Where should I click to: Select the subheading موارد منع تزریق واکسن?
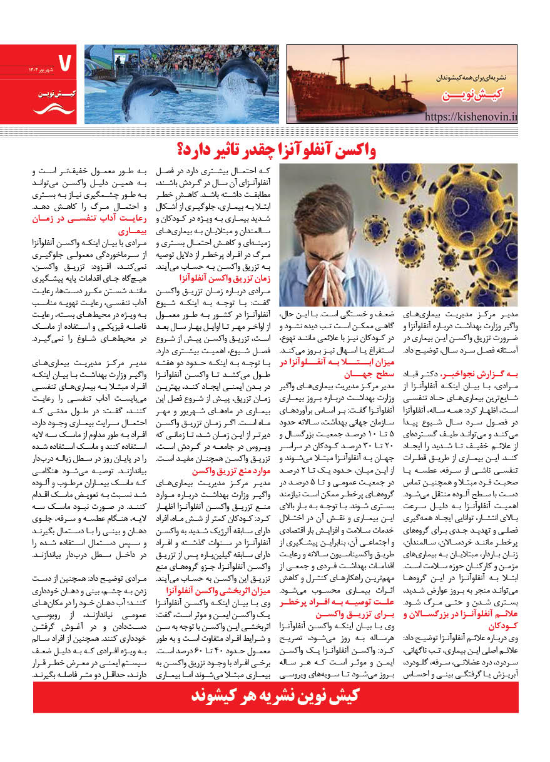coord(215,470)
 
